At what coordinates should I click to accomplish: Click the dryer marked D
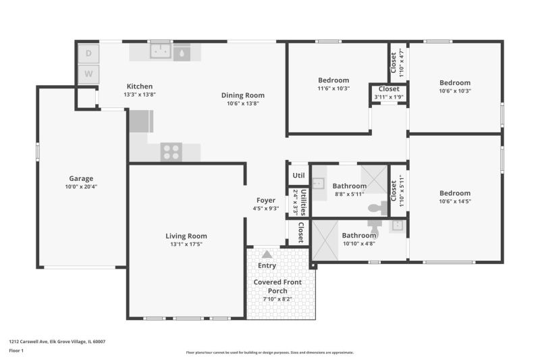click(88, 53)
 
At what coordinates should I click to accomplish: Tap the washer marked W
click(88, 74)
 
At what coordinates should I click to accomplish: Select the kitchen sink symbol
click(161, 51)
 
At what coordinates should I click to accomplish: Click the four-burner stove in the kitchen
click(171, 151)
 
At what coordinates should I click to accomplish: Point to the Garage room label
click(81, 178)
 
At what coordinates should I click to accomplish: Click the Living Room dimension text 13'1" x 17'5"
click(186, 245)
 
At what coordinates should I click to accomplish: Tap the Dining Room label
click(243, 95)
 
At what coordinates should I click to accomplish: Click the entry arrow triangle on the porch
click(267, 255)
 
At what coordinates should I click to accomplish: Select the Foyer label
click(266, 200)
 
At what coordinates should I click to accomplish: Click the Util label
click(298, 176)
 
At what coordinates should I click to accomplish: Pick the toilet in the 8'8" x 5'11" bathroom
click(378, 208)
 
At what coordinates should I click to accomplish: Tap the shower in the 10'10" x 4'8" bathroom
click(325, 240)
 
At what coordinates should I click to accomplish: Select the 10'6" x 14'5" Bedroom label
click(455, 193)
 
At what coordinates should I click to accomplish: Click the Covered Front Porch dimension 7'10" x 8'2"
click(277, 299)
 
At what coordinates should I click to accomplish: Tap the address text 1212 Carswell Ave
click(28, 342)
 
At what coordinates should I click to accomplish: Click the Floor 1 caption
click(16, 351)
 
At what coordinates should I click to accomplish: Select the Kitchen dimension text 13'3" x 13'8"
click(140, 95)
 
